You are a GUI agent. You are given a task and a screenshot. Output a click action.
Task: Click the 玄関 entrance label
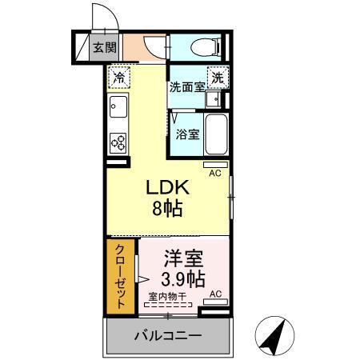pyautogui.click(x=101, y=46)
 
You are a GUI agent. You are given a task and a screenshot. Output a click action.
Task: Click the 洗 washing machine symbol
pyautogui.click(x=216, y=78)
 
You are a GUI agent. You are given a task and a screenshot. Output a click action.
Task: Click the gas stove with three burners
pyautogui.click(x=118, y=142)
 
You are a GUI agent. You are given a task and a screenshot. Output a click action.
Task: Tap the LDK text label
pyautogui.click(x=166, y=188)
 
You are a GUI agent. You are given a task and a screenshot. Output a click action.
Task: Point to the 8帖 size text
pyautogui.click(x=166, y=209)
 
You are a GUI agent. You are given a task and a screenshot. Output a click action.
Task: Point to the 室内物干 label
pyautogui.click(x=167, y=296)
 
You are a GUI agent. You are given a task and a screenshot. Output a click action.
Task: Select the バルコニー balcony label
pyautogui.click(x=167, y=334)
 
